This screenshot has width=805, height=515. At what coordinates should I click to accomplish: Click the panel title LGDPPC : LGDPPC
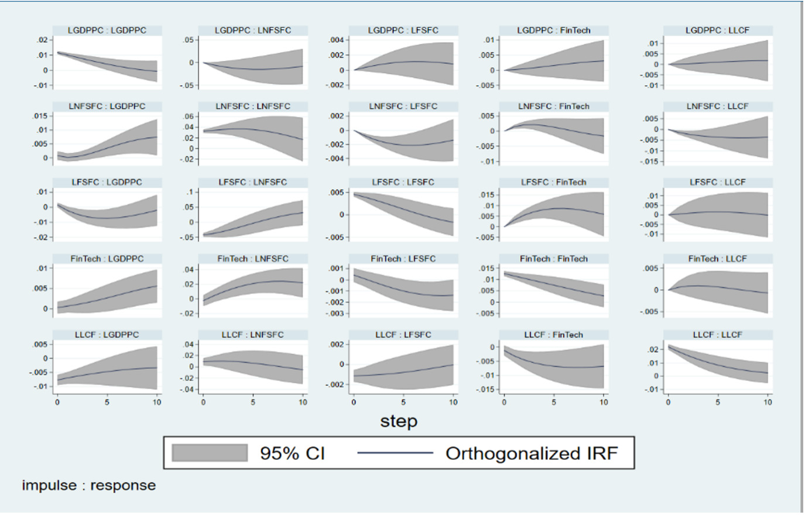point(107,30)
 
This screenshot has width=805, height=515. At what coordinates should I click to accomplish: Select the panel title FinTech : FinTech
point(553,259)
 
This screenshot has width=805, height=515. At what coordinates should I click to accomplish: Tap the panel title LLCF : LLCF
point(717,335)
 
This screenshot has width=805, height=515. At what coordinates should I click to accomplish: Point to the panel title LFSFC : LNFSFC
point(253,183)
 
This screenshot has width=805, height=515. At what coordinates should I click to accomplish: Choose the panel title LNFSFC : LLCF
point(717,107)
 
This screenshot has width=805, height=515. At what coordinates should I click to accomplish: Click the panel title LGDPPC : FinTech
point(553,30)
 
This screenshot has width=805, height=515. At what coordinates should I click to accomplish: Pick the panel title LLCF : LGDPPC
point(107,335)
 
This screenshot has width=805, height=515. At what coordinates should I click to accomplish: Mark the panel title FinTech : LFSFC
point(403,259)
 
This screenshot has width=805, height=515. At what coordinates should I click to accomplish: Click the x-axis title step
point(399,421)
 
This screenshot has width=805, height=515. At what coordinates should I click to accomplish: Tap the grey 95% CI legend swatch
point(210,453)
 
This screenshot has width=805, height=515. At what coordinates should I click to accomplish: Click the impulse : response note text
point(89,485)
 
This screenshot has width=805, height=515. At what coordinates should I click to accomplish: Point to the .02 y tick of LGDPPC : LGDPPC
point(42,40)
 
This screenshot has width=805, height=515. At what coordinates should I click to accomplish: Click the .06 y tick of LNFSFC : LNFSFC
point(189,116)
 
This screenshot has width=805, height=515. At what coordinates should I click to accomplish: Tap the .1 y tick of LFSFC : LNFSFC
point(191,192)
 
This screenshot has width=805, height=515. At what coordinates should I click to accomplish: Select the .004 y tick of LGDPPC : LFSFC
point(337,40)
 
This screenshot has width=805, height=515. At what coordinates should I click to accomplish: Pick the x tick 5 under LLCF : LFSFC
point(403,402)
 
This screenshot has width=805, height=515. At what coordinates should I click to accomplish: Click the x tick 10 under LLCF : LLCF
point(768,402)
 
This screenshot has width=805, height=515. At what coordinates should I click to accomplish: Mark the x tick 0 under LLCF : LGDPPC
point(57,402)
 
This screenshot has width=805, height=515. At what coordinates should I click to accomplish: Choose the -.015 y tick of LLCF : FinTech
point(487,389)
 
